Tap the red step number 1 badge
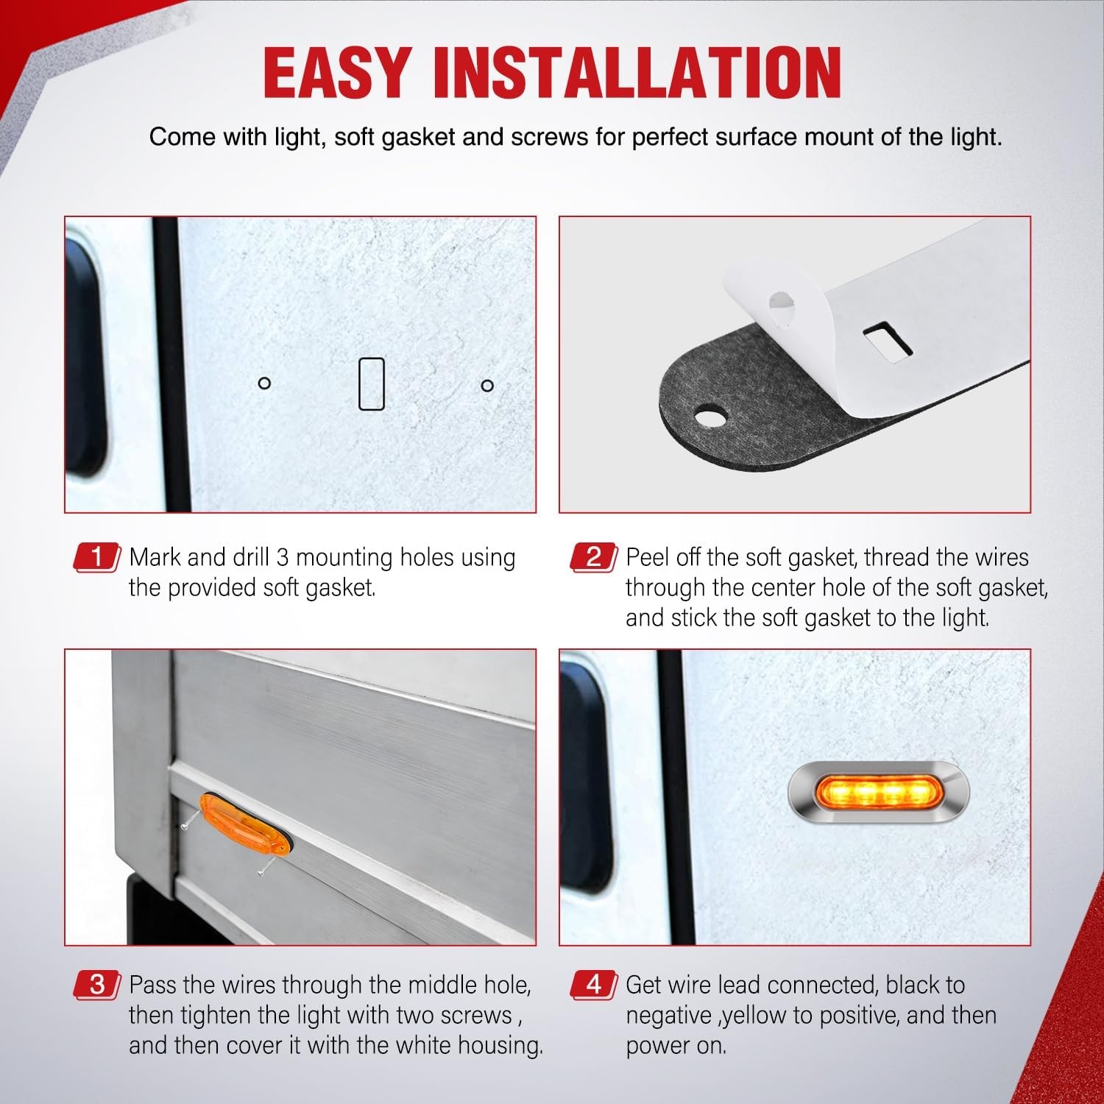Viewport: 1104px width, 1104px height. pos(96,557)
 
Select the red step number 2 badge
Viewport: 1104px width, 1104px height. pos(593,557)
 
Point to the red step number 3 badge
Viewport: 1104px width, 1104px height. pos(96,985)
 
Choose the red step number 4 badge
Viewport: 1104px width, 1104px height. pos(593,985)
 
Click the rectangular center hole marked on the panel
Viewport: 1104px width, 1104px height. pos(371,383)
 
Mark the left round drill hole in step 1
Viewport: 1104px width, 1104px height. pos(264,383)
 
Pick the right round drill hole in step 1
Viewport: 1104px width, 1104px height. pos(486,385)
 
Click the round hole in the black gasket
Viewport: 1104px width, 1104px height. pos(710,417)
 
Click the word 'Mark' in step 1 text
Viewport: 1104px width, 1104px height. pos(155,557)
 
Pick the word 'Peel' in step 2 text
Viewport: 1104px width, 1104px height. pos(648,557)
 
